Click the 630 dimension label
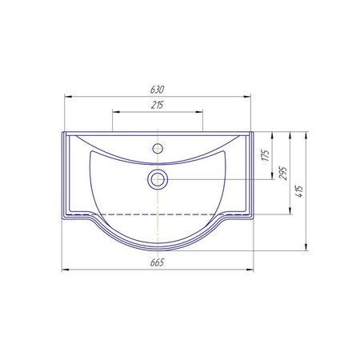(157, 90)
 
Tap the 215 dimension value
(157, 105)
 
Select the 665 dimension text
(157, 262)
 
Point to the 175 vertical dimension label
(266, 155)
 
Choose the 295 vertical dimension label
(283, 174)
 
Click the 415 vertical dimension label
(300, 191)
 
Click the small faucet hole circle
(158, 148)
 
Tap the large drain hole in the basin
(158, 179)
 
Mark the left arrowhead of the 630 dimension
(68, 97)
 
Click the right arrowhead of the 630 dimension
(247, 97)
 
